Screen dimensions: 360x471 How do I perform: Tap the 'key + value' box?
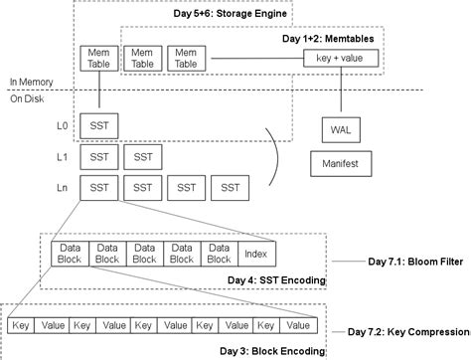click(340, 59)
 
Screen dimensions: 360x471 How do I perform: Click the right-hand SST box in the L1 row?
click(144, 157)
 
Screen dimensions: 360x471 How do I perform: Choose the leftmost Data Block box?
click(70, 253)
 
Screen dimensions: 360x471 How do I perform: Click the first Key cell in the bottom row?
click(22, 325)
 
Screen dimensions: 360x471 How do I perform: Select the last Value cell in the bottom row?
click(297, 325)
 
